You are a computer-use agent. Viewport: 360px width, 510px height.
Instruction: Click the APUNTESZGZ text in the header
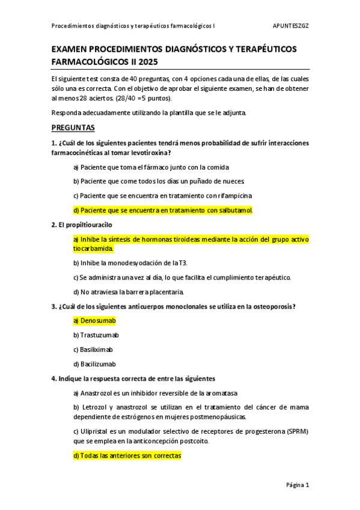click(x=290, y=26)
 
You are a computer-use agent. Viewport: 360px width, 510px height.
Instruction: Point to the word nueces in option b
click(x=231, y=181)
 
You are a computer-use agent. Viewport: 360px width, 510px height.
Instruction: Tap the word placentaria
click(x=165, y=292)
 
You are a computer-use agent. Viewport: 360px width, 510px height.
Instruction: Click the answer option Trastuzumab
click(x=99, y=335)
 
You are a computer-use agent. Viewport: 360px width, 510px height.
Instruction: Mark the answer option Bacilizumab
click(x=98, y=364)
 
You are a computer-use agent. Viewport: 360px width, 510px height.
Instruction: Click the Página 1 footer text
click(x=297, y=485)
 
